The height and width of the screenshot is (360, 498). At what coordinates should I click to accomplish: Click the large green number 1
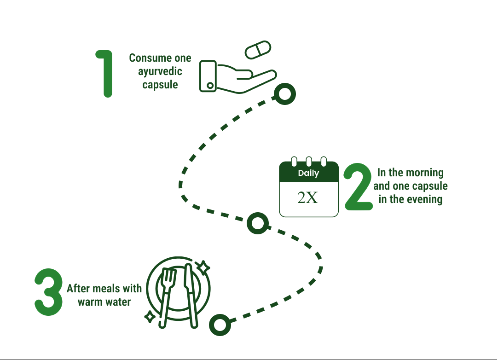pyautogui.click(x=106, y=74)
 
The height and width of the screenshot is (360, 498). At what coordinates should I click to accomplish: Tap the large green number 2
pyautogui.click(x=359, y=186)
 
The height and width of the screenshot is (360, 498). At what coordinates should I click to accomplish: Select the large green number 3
pyautogui.click(x=48, y=292)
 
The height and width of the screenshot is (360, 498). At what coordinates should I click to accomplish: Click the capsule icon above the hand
pyautogui.click(x=258, y=50)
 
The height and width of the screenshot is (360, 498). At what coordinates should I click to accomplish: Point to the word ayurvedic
pyautogui.click(x=160, y=71)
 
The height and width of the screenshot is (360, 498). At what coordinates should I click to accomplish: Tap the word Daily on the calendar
pyautogui.click(x=308, y=174)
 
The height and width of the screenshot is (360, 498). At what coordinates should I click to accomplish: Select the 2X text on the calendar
pyautogui.click(x=307, y=197)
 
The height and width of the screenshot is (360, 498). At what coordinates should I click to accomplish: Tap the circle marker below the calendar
pyautogui.click(x=257, y=223)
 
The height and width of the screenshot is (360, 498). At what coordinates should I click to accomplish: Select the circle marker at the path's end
pyautogui.click(x=220, y=325)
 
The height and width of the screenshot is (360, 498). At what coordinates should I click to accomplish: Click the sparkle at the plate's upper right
pyautogui.click(x=203, y=267)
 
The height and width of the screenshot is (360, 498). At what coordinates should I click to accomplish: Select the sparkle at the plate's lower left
pyautogui.click(x=150, y=316)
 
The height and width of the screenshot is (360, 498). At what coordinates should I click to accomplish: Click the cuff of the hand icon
pyautogui.click(x=208, y=76)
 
